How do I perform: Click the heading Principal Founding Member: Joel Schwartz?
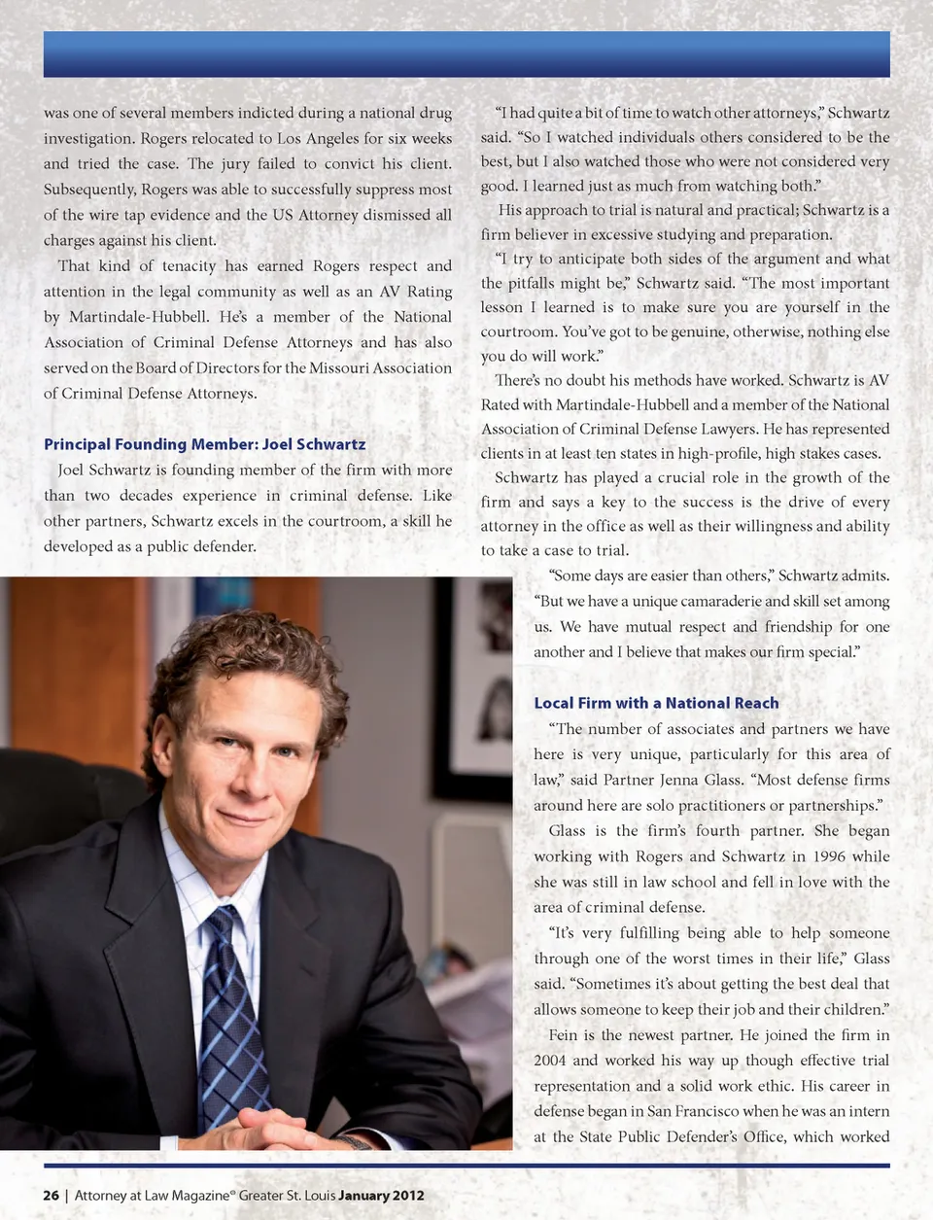(x=204, y=444)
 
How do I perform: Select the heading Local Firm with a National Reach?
(x=656, y=703)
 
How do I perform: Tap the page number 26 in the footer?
(x=51, y=1195)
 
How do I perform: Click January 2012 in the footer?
(x=381, y=1195)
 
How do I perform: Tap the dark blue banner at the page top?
(x=466, y=54)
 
